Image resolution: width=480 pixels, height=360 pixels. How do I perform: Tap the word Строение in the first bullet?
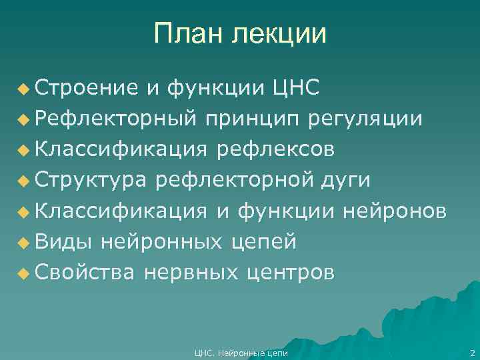click(87, 87)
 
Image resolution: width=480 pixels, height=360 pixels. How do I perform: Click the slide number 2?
click(471, 352)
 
